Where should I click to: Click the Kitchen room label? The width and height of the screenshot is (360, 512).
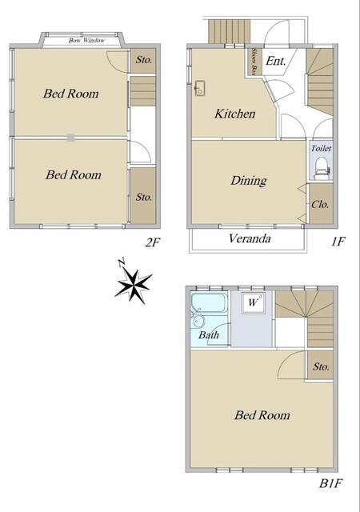[x=235, y=114]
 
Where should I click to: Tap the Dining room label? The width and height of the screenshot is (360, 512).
[x=249, y=181]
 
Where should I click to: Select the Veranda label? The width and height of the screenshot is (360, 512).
[x=250, y=238]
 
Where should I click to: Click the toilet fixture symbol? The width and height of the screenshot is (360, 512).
[x=322, y=168]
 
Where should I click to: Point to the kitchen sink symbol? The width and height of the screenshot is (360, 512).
[x=200, y=88]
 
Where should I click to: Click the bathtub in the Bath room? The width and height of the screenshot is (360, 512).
[x=209, y=303]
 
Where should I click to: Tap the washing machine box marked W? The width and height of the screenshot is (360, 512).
[x=253, y=303]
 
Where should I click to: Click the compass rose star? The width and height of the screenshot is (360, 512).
[x=134, y=283]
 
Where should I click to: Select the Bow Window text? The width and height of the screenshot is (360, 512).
[x=86, y=41]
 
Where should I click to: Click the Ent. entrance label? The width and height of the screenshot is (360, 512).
[x=276, y=61]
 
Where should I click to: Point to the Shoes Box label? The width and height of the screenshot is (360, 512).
[x=253, y=62]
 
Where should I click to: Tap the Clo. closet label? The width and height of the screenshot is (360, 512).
[x=320, y=205]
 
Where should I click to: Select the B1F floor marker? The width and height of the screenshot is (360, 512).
[x=330, y=483]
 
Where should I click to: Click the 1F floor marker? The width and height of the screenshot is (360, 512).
[x=338, y=242]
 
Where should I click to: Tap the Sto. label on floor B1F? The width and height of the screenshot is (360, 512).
[x=321, y=366]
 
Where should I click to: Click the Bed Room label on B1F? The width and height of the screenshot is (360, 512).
[x=262, y=415]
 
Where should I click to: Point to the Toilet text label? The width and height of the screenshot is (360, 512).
[x=321, y=148]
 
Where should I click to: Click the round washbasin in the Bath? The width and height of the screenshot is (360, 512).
[x=198, y=321]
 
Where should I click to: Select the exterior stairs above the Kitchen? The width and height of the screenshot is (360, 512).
[x=230, y=31]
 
